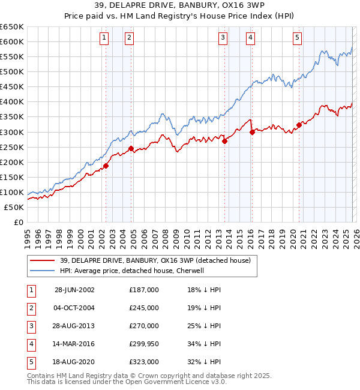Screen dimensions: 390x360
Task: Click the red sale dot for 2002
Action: click(106, 166)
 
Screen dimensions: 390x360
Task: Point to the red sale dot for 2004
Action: click(130, 148)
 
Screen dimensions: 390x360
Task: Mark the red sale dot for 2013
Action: click(224, 141)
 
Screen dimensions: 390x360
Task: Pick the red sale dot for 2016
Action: click(252, 132)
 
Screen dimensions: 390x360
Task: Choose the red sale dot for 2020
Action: click(298, 125)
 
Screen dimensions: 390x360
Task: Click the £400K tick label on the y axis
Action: click(12, 102)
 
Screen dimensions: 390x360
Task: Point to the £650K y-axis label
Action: click(12, 27)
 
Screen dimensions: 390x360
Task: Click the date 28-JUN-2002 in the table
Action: click(74, 290)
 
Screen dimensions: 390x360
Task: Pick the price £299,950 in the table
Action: click(144, 344)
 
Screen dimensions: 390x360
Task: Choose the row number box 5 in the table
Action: click(30, 362)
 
